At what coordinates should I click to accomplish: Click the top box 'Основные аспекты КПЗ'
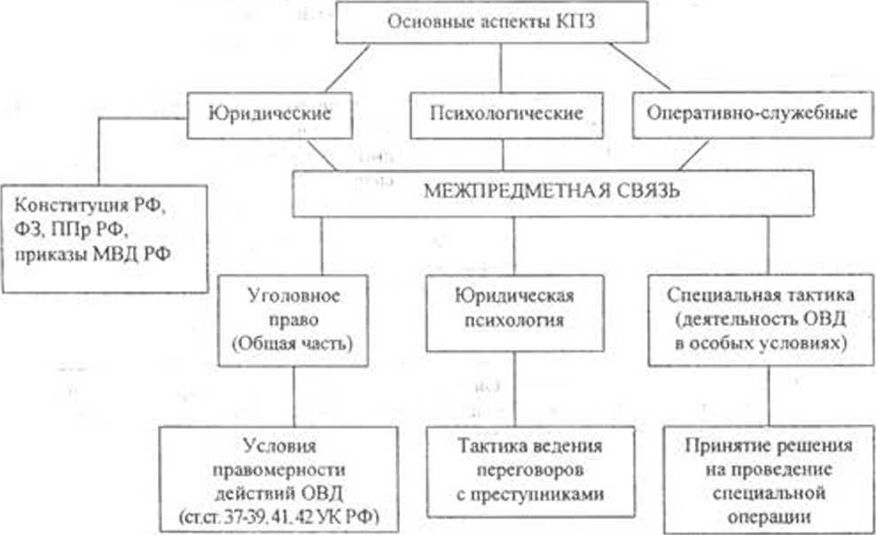[501, 23]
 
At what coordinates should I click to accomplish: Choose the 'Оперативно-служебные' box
[751, 114]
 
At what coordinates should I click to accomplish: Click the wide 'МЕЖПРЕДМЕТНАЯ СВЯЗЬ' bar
[538, 191]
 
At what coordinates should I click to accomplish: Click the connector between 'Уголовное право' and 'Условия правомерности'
[293, 395]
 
